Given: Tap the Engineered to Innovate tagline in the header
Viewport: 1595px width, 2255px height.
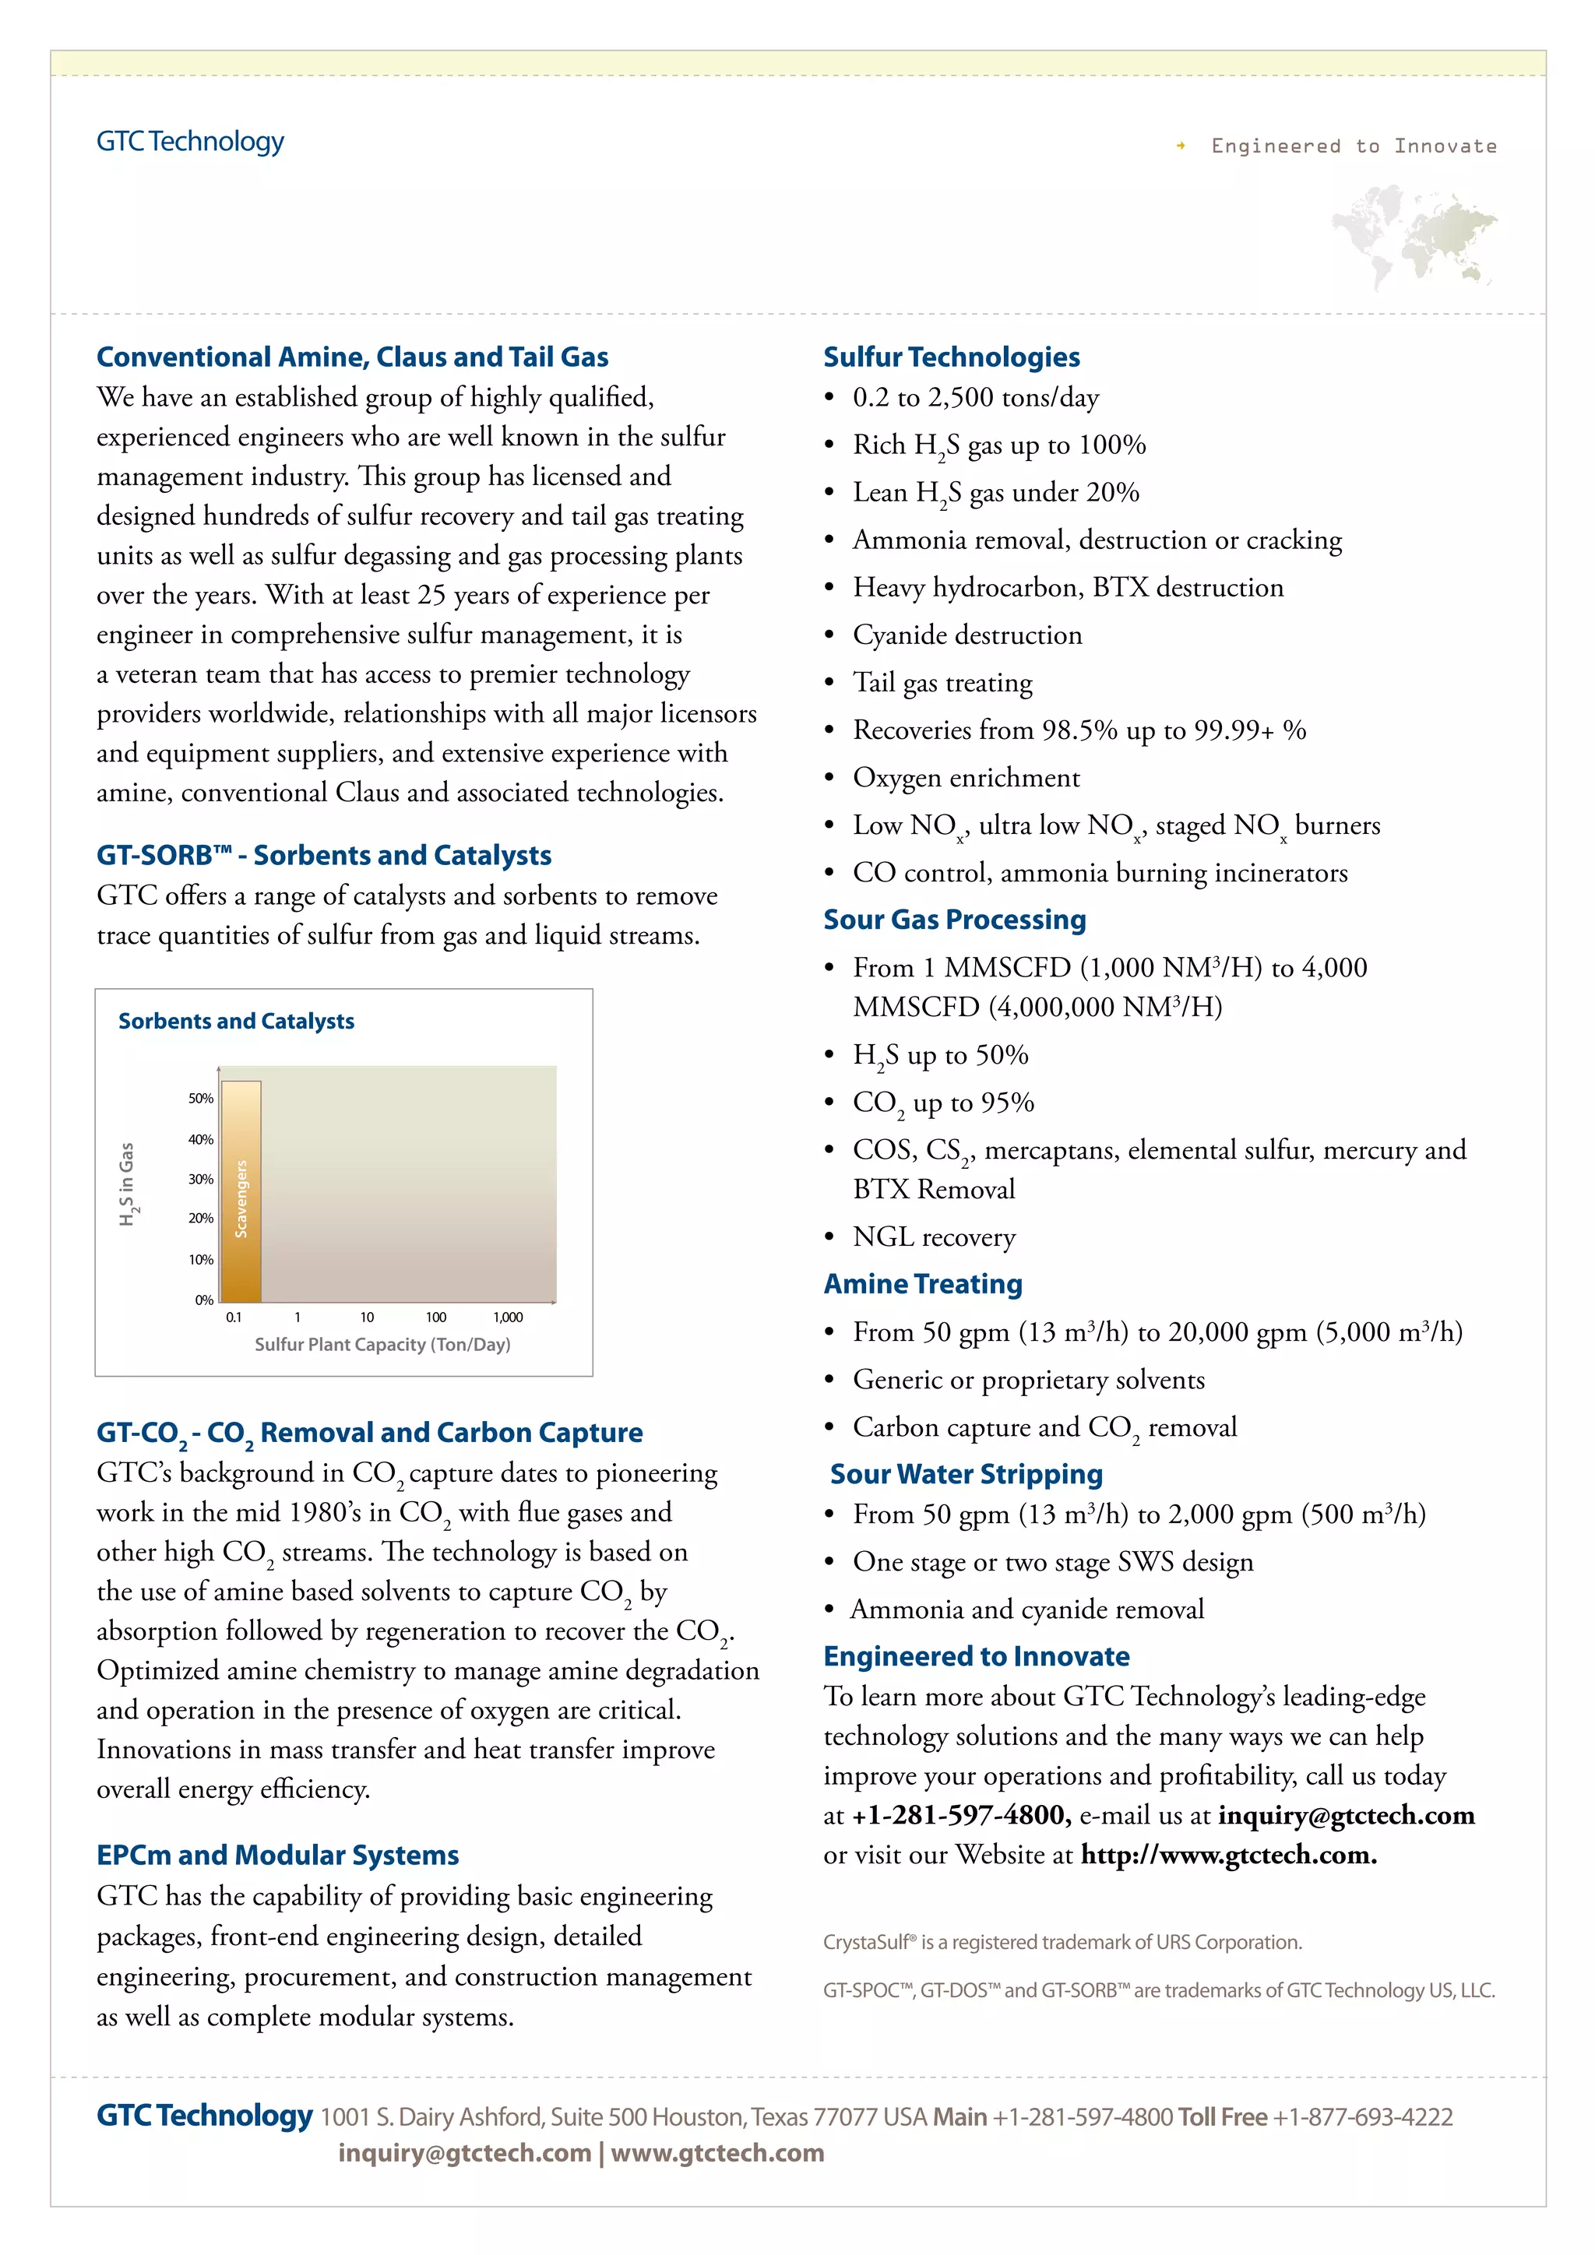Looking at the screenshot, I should pyautogui.click(x=1353, y=146).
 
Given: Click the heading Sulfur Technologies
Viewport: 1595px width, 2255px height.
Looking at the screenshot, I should pyautogui.click(x=951, y=357).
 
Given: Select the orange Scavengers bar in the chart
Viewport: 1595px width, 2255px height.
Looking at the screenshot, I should pyautogui.click(x=241, y=1191).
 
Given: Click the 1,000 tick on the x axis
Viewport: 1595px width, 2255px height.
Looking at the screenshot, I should pyautogui.click(x=508, y=1317).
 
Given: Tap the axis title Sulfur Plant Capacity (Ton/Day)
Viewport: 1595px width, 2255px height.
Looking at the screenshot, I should pyautogui.click(x=382, y=1345).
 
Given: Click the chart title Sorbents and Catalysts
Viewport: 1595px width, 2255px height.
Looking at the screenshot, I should pyautogui.click(x=236, y=1022).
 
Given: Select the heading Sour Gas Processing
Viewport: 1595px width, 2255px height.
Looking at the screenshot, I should pyautogui.click(x=954, y=920).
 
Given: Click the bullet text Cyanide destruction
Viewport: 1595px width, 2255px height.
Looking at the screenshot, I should pyautogui.click(x=967, y=635).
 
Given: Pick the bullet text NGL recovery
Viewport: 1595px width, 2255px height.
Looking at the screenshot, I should pyautogui.click(x=933, y=1237).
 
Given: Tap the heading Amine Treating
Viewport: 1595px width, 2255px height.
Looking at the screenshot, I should pyautogui.click(x=922, y=1284).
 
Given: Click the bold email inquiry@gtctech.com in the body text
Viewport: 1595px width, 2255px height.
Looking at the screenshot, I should pyautogui.click(x=1346, y=1815).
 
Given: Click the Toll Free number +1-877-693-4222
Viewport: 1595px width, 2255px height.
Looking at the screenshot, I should pyautogui.click(x=1362, y=2116).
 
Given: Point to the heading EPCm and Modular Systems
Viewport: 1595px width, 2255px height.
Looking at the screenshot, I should pyautogui.click(x=277, y=1856).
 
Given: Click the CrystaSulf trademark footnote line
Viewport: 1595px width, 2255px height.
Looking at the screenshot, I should pyautogui.click(x=1062, y=1942).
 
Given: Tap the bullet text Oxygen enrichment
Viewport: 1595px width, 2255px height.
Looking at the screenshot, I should pyautogui.click(x=966, y=778).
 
